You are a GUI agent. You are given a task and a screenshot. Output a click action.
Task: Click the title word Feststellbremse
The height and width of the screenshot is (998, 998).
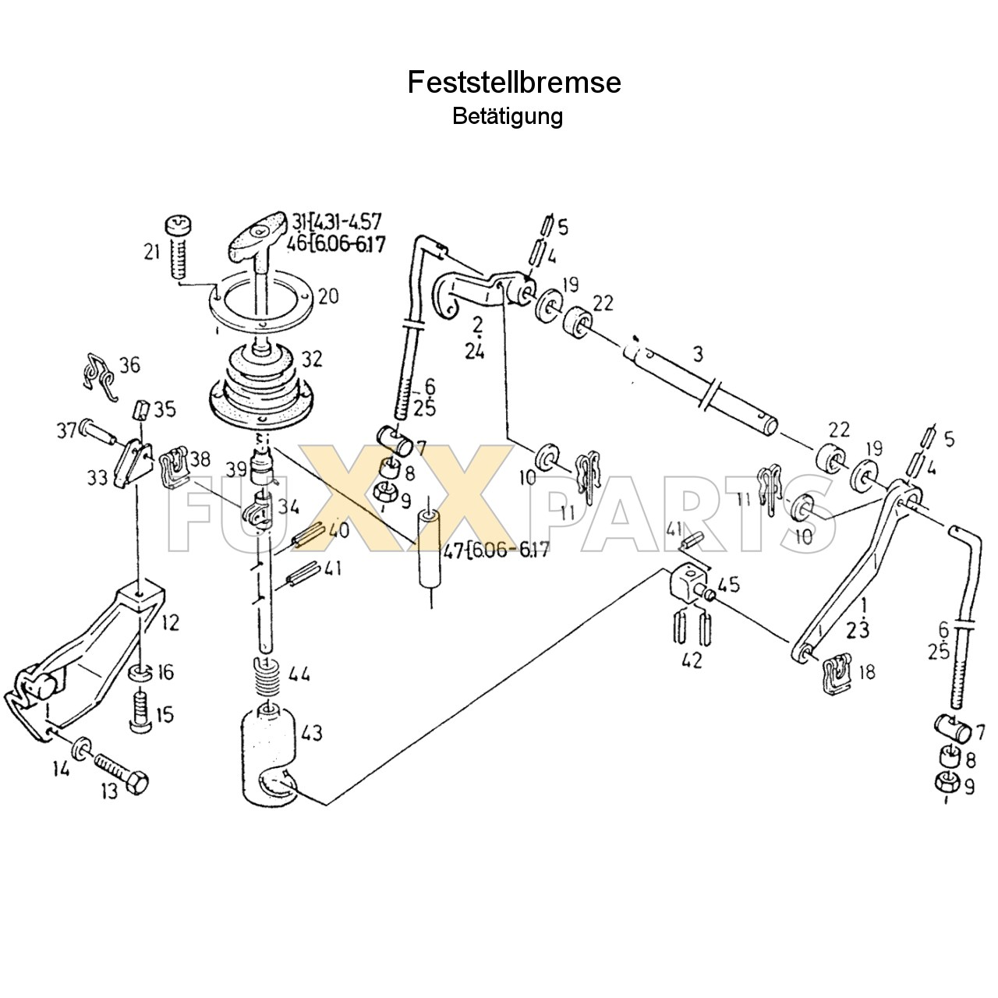pyautogui.click(x=514, y=83)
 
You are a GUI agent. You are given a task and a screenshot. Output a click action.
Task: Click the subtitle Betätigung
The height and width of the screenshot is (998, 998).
pyautogui.click(x=507, y=117)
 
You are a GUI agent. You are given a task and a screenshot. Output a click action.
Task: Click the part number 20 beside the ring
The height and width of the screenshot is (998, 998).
pyautogui.click(x=327, y=296)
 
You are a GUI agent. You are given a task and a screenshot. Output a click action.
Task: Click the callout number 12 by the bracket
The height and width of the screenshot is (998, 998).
pyautogui.click(x=171, y=622)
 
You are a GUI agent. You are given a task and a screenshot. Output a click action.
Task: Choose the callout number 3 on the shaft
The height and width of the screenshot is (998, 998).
pyautogui.click(x=698, y=354)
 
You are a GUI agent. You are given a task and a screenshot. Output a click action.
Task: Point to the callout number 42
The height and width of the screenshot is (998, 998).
pyautogui.click(x=692, y=660)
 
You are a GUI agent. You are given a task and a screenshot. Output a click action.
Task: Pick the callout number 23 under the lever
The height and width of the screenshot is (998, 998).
pyautogui.click(x=857, y=630)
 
